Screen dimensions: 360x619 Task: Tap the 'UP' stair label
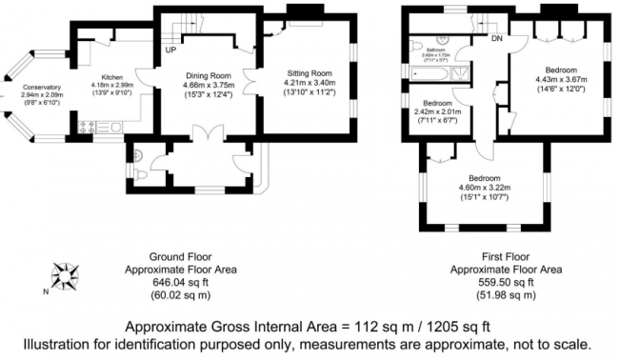pyautogui.click(x=170, y=50)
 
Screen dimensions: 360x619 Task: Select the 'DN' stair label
pyautogui.click(x=496, y=39)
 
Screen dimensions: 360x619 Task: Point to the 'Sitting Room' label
pyautogui.click(x=309, y=71)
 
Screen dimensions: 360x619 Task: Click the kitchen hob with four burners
pyautogui.click(x=93, y=126)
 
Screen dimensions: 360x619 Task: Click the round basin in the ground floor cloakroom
pyautogui.click(x=135, y=154)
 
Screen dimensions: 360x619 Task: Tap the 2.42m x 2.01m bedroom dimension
pyautogui.click(x=437, y=112)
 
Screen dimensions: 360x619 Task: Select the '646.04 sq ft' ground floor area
pyautogui.click(x=187, y=283)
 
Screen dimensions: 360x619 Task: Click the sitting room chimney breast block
pyautogui.click(x=304, y=11)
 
